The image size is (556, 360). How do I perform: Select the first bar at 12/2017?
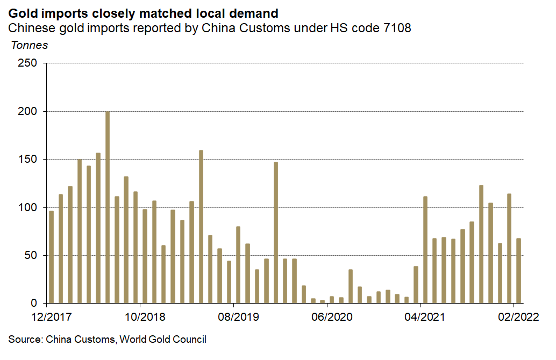pyautogui.click(x=51, y=257)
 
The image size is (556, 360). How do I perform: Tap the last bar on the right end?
pyautogui.click(x=519, y=271)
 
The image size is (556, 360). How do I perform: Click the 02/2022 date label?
pyautogui.click(x=514, y=316)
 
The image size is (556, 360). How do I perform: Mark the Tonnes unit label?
pyautogui.click(x=30, y=46)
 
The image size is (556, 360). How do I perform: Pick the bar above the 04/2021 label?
pyautogui.click(x=425, y=250)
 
